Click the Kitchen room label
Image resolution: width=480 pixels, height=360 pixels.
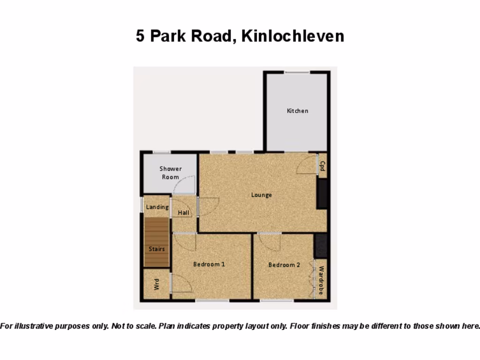[x=298, y=111]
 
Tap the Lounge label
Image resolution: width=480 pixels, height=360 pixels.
[x=261, y=195]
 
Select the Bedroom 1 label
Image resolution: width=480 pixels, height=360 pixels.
[x=209, y=264]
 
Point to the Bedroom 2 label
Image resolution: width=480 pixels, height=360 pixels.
[x=284, y=265]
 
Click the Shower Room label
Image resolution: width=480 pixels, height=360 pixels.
[x=170, y=173]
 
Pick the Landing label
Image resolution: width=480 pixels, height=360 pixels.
[x=157, y=207]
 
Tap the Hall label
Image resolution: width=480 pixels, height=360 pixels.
[x=184, y=213]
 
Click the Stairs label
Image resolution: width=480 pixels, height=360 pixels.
[x=157, y=249]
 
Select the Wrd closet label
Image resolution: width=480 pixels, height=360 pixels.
[x=157, y=284]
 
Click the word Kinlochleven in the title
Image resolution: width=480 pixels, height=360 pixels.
[x=292, y=36]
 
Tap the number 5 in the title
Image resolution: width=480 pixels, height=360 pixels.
[x=140, y=36]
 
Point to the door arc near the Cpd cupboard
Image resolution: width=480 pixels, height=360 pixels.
[x=307, y=165]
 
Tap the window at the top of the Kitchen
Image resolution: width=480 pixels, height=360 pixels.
[x=297, y=72]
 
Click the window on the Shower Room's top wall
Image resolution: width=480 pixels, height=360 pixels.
[x=162, y=152]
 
